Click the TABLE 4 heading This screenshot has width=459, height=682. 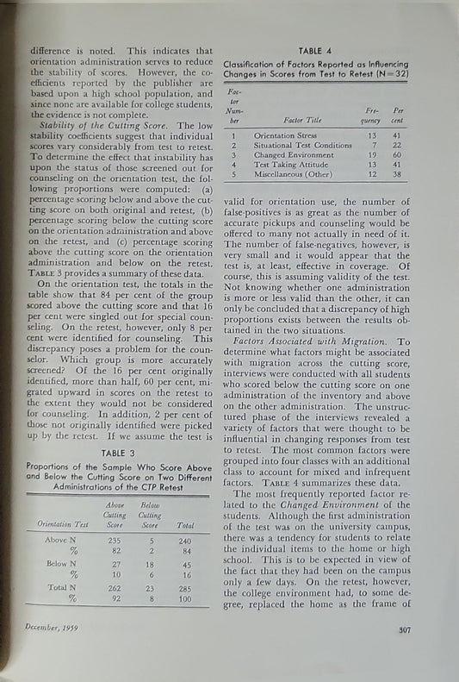click(x=319, y=51)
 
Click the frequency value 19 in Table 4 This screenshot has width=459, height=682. click(x=372, y=155)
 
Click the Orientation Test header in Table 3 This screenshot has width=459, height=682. click(x=63, y=524)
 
